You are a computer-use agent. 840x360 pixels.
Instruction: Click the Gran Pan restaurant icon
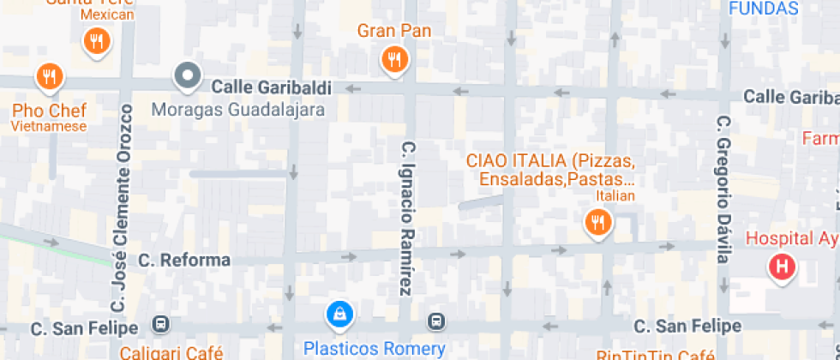(x=394, y=59)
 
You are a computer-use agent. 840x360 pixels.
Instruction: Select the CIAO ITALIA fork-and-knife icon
(x=597, y=223)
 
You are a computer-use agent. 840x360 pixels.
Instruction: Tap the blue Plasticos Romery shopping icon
(x=340, y=315)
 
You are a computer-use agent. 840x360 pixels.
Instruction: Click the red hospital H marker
(x=781, y=267)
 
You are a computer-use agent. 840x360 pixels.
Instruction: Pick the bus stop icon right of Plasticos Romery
(x=437, y=322)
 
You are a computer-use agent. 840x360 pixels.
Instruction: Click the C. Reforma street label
(x=184, y=260)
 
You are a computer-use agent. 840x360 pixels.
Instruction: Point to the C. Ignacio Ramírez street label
(x=407, y=218)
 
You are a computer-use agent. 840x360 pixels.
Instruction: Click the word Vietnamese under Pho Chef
(x=49, y=127)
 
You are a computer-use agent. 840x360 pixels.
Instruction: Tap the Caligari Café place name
(x=171, y=352)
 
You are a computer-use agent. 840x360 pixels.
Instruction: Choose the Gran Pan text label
(x=394, y=32)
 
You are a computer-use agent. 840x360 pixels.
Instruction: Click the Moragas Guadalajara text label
(x=238, y=110)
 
